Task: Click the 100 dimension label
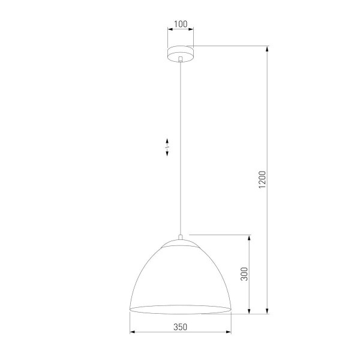coord(180,25)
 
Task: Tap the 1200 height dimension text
coord(262,180)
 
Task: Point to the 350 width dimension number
coord(180,327)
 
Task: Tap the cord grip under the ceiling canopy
coord(180,59)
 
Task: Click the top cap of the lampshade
coord(180,244)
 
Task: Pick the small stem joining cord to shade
coord(180,237)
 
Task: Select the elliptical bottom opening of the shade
coord(180,310)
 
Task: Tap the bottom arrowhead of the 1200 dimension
coord(267,311)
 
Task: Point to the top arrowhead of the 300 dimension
coord(250,237)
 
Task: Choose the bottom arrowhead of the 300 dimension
coord(250,311)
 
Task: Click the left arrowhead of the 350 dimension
coord(133,332)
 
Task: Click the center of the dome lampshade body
coord(180,276)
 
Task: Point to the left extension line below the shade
coord(130,324)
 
